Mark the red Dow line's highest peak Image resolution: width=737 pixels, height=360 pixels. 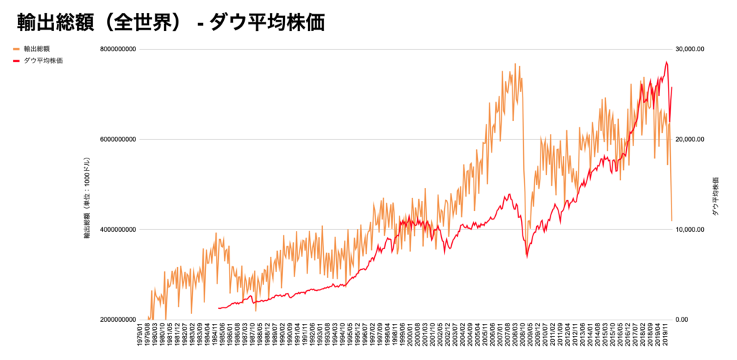pos(666,62)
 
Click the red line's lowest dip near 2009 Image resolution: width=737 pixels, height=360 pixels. pos(527,256)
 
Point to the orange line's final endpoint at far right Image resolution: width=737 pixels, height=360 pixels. pos(672,221)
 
